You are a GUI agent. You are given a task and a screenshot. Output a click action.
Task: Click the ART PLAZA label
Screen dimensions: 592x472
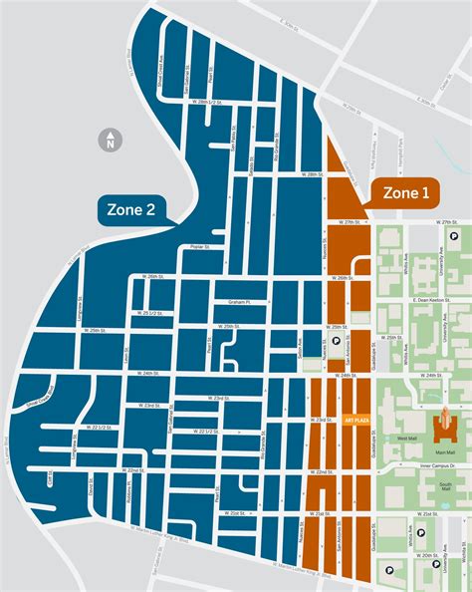[x=354, y=420]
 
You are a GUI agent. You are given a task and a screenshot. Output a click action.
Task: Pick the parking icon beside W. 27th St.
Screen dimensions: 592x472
[x=453, y=237]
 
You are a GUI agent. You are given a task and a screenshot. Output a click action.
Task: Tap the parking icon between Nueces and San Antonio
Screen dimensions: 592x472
[x=336, y=340]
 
